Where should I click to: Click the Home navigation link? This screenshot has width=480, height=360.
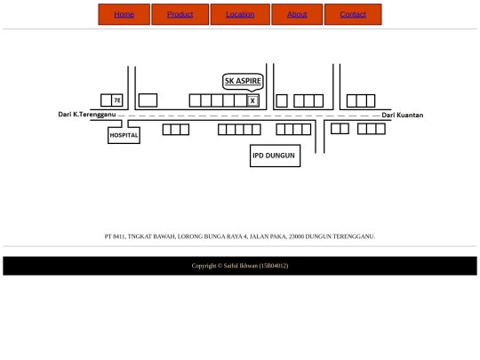pos(124,14)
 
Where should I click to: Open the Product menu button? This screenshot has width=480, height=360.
pos(180,14)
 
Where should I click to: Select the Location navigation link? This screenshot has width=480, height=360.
pos(240,14)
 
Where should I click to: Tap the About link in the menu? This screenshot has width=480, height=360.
pos(297,14)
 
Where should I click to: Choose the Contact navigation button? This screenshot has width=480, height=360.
pos(353,14)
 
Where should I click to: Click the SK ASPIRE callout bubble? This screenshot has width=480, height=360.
pos(243,82)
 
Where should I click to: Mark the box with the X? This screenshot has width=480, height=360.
pos(252,100)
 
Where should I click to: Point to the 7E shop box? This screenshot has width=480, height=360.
pos(117,100)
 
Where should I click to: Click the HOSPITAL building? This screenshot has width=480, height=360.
pos(124,135)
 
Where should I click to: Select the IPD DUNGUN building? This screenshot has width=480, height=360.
pos(275,156)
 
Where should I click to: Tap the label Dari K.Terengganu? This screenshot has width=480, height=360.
pos(87,115)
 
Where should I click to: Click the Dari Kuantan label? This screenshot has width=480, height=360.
pos(403,115)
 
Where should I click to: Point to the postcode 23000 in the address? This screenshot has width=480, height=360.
pos(296,236)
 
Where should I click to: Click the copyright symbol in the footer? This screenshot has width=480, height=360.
pos(220,266)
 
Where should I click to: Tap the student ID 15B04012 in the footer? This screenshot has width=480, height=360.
pos(274,266)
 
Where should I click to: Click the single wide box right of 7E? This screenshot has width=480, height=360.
pos(148,100)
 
